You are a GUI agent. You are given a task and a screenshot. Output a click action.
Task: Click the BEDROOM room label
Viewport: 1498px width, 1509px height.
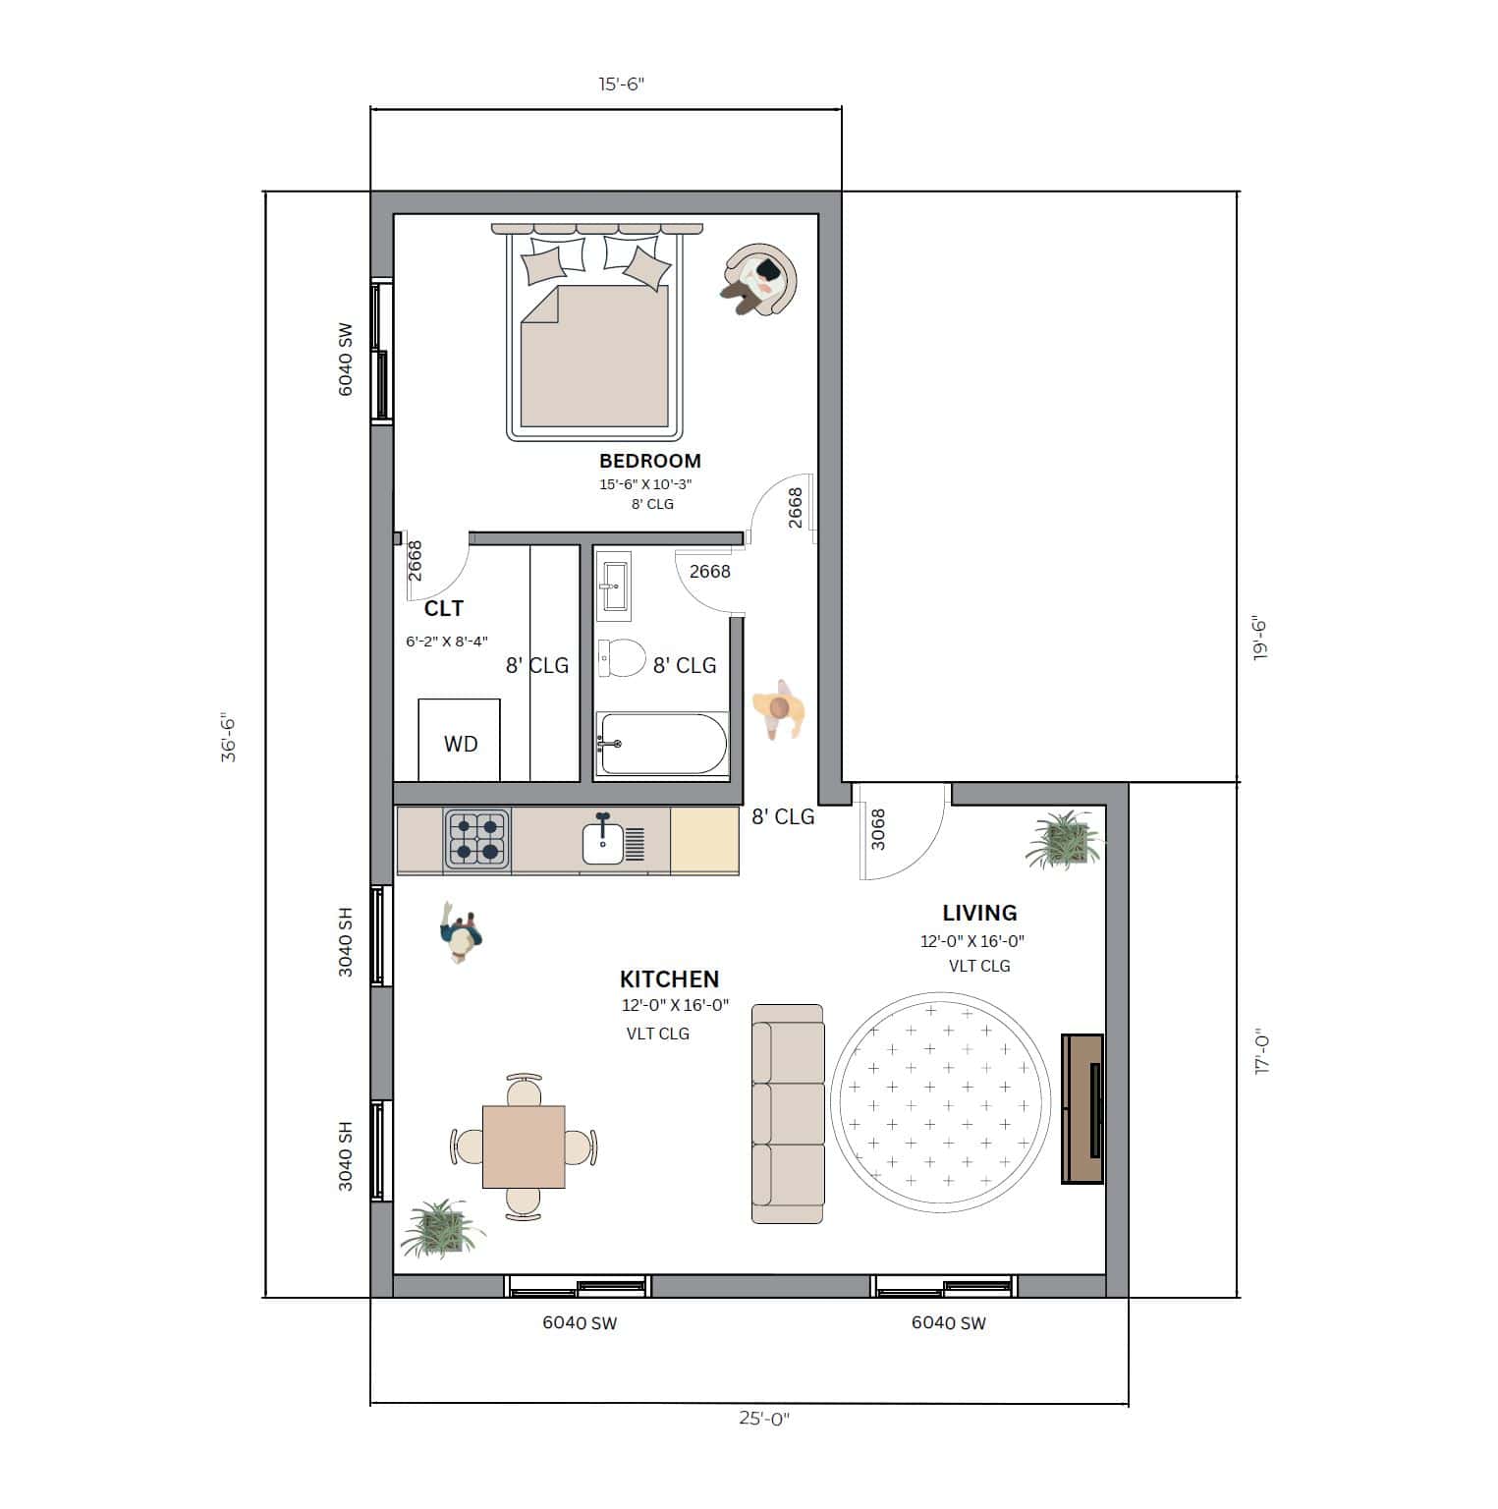coord(649,461)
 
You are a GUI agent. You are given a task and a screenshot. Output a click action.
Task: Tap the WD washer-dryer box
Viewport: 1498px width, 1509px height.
coord(460,743)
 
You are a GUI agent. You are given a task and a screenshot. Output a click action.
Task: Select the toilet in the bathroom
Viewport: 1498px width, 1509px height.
coord(622,657)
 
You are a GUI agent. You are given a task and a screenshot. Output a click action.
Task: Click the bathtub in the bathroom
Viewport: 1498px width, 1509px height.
coord(662,745)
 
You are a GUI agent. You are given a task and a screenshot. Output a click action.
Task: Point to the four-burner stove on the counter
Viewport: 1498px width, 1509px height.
coord(477,839)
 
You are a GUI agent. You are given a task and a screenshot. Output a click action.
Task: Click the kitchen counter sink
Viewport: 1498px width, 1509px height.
coord(603,842)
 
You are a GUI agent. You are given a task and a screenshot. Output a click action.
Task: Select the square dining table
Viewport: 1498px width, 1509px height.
coord(524,1146)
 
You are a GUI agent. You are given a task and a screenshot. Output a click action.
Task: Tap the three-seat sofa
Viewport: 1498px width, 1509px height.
coord(788,1113)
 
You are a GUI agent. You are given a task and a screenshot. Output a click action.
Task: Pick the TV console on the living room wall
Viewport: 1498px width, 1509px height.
coord(1082,1108)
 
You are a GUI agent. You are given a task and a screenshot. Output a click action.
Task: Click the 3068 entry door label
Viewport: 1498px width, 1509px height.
coord(878,829)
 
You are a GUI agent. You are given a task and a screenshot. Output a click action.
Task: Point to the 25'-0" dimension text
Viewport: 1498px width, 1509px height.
coord(764,1419)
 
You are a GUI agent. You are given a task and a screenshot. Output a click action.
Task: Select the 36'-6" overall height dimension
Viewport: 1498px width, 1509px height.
coord(228,737)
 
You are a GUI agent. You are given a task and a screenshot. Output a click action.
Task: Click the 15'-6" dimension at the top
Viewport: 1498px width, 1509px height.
coord(622,84)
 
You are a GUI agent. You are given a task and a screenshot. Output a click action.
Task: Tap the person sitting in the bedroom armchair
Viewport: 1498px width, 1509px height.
coord(757,279)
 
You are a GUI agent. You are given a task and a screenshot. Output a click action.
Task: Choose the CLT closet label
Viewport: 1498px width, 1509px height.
coord(443,609)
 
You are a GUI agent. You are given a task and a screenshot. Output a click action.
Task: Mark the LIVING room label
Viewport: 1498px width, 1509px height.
coord(979,913)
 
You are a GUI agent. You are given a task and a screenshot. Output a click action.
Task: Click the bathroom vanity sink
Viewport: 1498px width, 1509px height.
coord(614,586)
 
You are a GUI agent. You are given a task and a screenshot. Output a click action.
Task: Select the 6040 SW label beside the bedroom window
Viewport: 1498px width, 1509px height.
coord(345,359)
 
